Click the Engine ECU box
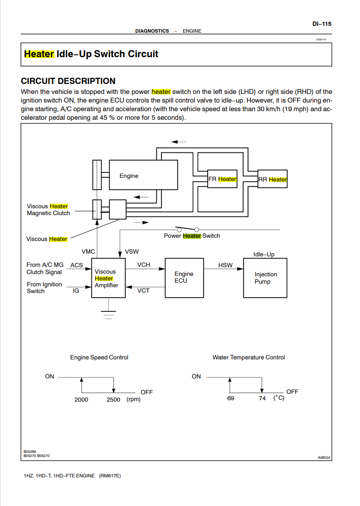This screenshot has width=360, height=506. click(x=184, y=278)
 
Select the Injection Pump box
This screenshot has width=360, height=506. click(x=265, y=278)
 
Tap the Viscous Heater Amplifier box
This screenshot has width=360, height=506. click(x=108, y=278)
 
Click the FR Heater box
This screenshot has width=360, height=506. click(x=222, y=179)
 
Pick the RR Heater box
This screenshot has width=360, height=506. click(x=272, y=179)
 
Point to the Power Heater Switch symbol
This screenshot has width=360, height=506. click(x=187, y=229)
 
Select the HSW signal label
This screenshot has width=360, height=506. click(x=225, y=265)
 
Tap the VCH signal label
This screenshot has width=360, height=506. click(x=144, y=265)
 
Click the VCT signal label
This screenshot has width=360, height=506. click(x=143, y=290)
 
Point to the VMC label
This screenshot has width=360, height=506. click(x=88, y=251)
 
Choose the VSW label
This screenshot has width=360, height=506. click(x=132, y=251)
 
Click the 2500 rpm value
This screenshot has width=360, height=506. click(x=113, y=399)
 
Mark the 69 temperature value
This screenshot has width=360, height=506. click(x=230, y=398)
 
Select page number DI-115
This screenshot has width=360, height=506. click(x=321, y=24)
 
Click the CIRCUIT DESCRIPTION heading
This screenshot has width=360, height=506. click(x=68, y=81)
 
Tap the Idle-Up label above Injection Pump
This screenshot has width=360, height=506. click(x=264, y=254)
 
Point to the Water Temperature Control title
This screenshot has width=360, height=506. click(x=249, y=357)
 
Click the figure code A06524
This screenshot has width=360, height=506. click(x=324, y=457)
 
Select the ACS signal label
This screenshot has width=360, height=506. click(x=77, y=265)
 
